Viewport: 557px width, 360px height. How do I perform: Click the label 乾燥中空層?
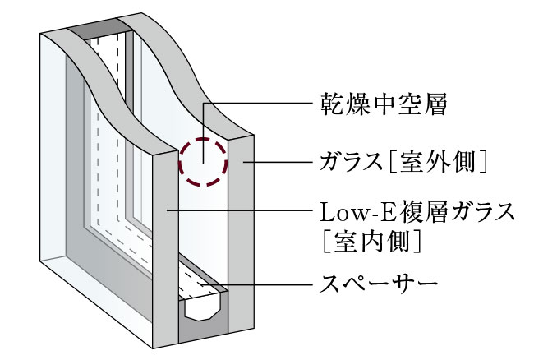[x=384, y=104]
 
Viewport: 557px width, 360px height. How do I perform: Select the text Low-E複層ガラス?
[x=417, y=212]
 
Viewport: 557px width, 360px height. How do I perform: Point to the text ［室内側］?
[x=372, y=242]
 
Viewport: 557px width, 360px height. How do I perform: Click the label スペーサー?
[x=379, y=284]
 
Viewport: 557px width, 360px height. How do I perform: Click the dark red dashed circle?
[x=203, y=162]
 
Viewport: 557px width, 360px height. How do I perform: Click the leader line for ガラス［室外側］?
[x=278, y=163]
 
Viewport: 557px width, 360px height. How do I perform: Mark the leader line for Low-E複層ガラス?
[x=240, y=210]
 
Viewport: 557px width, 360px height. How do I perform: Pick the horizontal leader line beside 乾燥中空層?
[x=257, y=104]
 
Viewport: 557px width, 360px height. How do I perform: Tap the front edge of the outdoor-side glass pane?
[x=241, y=234]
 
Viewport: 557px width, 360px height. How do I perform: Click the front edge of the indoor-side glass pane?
[x=165, y=249]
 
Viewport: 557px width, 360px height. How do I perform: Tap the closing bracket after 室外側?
[x=482, y=163]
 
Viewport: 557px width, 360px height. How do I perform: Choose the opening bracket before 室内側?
[x=326, y=242]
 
